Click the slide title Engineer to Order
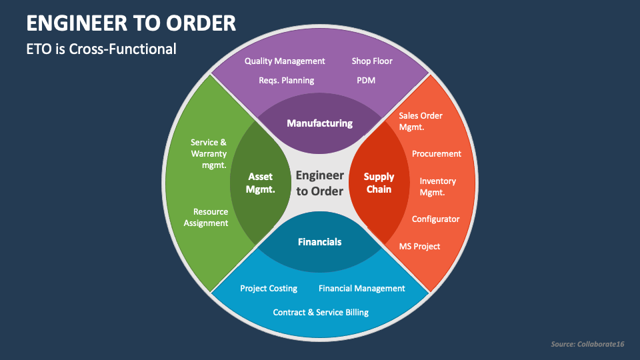131,23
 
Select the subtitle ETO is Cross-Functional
101,49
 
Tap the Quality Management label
285,61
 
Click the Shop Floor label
372,61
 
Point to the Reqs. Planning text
286,80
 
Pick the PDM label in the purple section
366,80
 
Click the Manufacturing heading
319,123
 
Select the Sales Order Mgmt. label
421,121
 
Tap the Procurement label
436,153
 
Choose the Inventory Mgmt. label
437,187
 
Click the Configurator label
435,219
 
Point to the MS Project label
419,246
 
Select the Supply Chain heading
379,183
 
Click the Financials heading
319,242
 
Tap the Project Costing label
269,289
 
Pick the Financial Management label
361,289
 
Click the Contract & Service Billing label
321,312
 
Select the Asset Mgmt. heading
260,183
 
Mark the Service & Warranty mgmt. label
209,153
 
